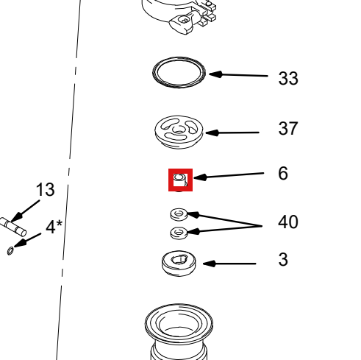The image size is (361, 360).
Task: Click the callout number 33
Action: pos(288,78)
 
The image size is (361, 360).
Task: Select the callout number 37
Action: pos(288,128)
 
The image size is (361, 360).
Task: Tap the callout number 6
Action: pos(283,173)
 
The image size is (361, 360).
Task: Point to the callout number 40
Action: pos(288,222)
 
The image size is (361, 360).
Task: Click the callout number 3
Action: pos(283,259)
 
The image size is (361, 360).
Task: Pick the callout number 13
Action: pos(46,189)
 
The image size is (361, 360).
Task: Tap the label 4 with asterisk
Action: pos(54,227)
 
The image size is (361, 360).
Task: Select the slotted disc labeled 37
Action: pos(179,132)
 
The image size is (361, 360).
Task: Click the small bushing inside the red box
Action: pos(180,180)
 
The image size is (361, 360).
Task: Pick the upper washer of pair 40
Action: pos(179,214)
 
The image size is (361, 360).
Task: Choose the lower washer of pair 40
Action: pos(179,233)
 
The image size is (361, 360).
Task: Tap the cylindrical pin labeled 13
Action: pos(13,227)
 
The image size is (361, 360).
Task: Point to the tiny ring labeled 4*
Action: pos(10,251)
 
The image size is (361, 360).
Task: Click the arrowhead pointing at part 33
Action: pos(215,74)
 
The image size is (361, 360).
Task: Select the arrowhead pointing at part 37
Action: pos(212,133)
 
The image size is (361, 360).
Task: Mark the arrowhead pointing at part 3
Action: pos(210,264)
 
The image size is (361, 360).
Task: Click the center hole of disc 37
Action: pos(179,130)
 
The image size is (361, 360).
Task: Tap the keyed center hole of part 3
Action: pos(179,259)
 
